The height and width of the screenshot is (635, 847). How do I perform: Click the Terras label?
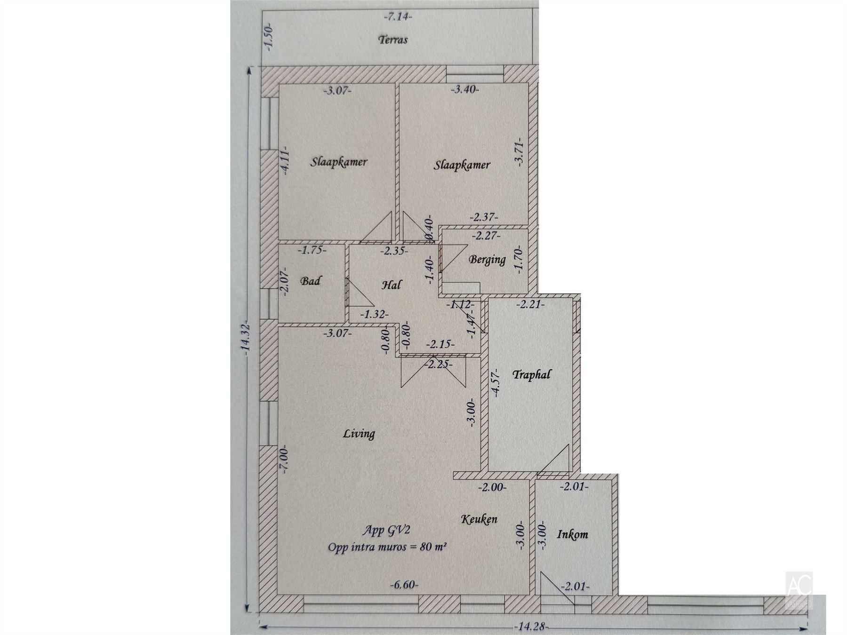393,40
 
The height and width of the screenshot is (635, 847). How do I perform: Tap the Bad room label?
311,281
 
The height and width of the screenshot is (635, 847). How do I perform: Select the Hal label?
392,285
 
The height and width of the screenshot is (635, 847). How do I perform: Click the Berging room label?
487,259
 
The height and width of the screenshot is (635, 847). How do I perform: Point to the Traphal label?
531,375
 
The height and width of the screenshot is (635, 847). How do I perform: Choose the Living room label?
359,433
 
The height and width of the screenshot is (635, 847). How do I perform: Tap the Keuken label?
479,519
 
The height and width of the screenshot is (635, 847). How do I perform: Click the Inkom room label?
573,534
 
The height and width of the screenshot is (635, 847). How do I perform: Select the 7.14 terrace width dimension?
398,17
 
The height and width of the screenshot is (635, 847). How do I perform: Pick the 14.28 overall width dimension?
531,627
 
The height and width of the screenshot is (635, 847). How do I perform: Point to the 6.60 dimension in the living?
404,585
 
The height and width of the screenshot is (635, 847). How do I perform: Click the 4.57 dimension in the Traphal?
495,385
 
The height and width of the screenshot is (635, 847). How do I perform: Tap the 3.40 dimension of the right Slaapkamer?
464,89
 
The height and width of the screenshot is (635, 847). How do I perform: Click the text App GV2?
386,530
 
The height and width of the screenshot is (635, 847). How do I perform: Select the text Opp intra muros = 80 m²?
387,547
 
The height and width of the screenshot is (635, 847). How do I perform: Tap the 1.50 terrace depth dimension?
269,37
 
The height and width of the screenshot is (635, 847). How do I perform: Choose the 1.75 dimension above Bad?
312,250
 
